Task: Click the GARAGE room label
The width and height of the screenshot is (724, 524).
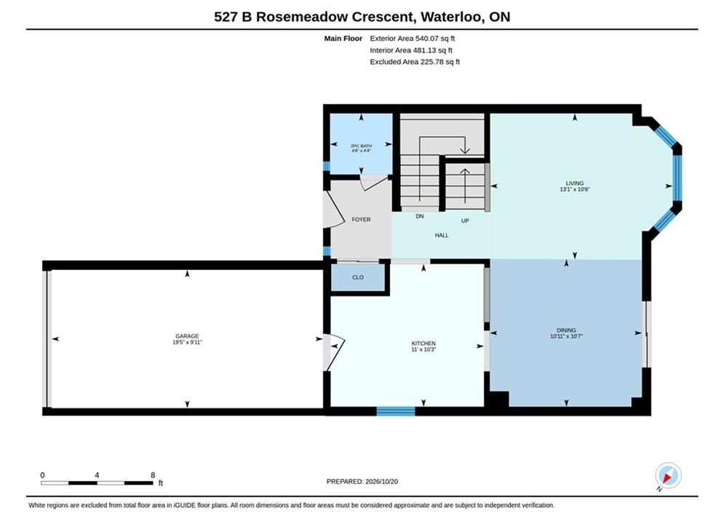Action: pyautogui.click(x=187, y=336)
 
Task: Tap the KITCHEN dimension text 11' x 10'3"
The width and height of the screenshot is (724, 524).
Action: pyautogui.click(x=423, y=349)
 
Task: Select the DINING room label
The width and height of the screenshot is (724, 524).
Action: pyautogui.click(x=566, y=330)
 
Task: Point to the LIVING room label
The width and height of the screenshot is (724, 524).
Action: pyautogui.click(x=574, y=183)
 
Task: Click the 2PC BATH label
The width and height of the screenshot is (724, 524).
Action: pyautogui.click(x=361, y=146)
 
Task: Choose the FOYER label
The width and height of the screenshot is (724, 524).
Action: pyautogui.click(x=361, y=219)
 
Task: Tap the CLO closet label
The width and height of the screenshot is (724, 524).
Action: pyautogui.click(x=358, y=277)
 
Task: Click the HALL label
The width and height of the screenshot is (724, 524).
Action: pyautogui.click(x=442, y=235)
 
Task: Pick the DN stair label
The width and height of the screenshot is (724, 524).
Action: pyautogui.click(x=419, y=216)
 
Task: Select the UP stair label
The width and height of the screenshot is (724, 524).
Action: pyautogui.click(x=465, y=221)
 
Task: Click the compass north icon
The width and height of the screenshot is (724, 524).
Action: pyautogui.click(x=668, y=475)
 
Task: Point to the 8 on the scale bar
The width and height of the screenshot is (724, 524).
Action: pyautogui.click(x=153, y=475)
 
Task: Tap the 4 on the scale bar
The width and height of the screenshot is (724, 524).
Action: pyautogui.click(x=97, y=475)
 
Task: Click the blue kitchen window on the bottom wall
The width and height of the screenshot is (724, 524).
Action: pyautogui.click(x=396, y=411)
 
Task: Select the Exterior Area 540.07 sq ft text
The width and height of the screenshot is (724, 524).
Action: pyautogui.click(x=413, y=39)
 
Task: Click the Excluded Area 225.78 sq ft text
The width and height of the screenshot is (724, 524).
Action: pyautogui.click(x=415, y=61)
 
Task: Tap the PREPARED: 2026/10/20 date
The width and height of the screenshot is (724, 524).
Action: pyautogui.click(x=362, y=481)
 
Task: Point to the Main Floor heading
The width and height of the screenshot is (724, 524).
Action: pyautogui.click(x=343, y=39)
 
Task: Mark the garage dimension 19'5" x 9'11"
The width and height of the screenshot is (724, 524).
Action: pyautogui.click(x=187, y=342)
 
